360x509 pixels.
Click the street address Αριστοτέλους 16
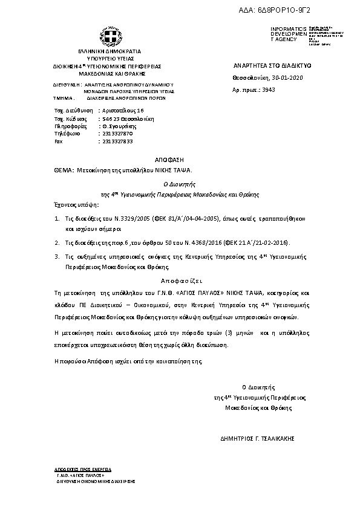click(122, 111)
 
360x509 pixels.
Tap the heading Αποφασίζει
click(179, 281)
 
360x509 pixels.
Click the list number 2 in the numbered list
click(57, 242)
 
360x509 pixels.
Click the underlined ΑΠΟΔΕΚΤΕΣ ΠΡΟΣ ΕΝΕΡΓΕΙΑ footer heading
click(75, 468)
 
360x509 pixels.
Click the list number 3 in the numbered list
click(57, 256)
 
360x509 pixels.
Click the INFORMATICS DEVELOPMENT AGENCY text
click(284, 34)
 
